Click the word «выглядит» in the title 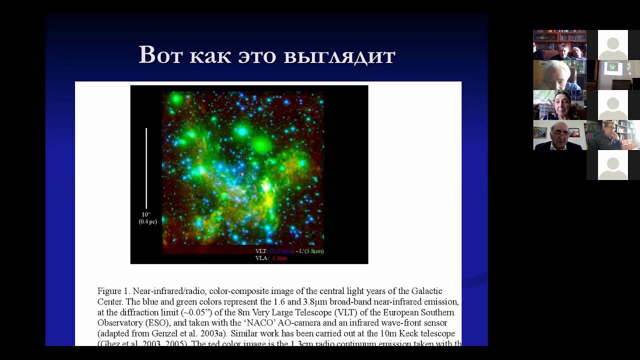339,55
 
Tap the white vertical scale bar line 146,168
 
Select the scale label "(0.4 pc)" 147,221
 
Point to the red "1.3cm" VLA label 279,258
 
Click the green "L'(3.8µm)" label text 311,251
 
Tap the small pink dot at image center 242,174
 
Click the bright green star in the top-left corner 176,99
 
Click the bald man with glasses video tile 559,135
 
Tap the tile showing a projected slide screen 613,75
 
